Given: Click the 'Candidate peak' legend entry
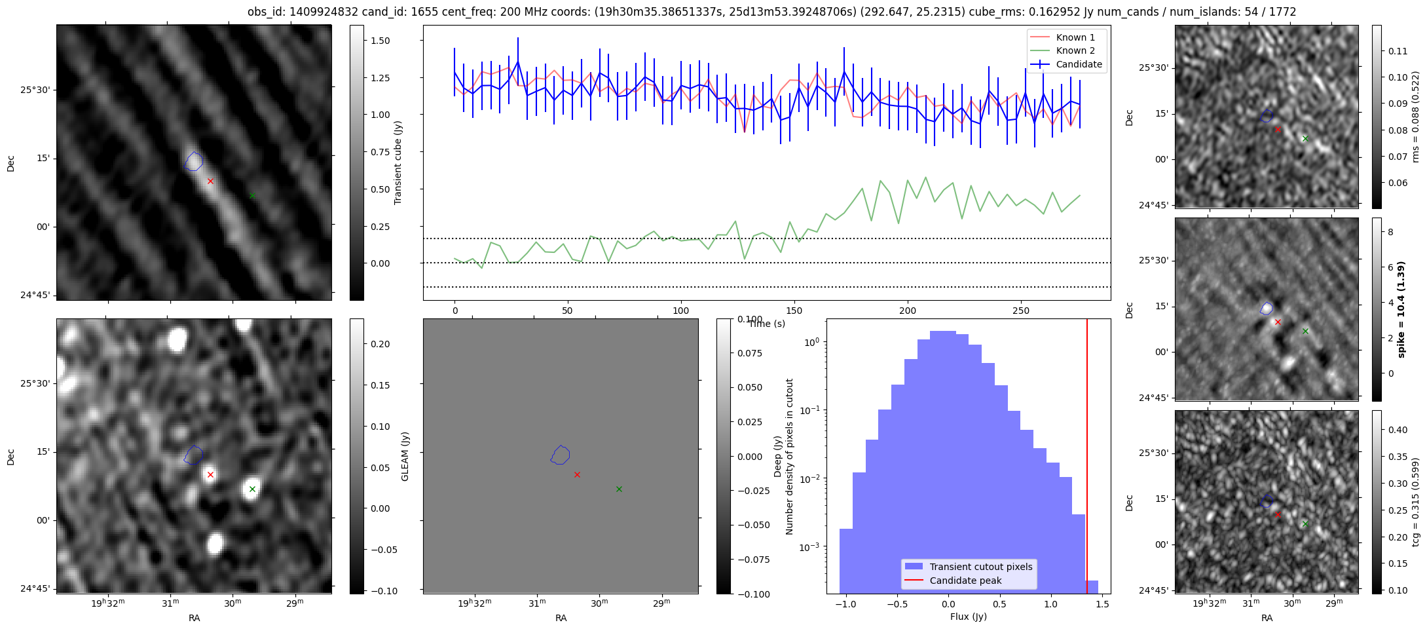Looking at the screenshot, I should (x=965, y=581).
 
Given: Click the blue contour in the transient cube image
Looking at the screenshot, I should (x=194, y=161).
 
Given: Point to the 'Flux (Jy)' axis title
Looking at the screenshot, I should (x=968, y=617).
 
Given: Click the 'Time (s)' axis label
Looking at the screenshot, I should (x=767, y=324).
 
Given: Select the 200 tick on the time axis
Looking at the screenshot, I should (x=907, y=311).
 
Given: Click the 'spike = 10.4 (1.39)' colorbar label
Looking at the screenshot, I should (x=1401, y=309).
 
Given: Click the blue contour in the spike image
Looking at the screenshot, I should (x=1267, y=308).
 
